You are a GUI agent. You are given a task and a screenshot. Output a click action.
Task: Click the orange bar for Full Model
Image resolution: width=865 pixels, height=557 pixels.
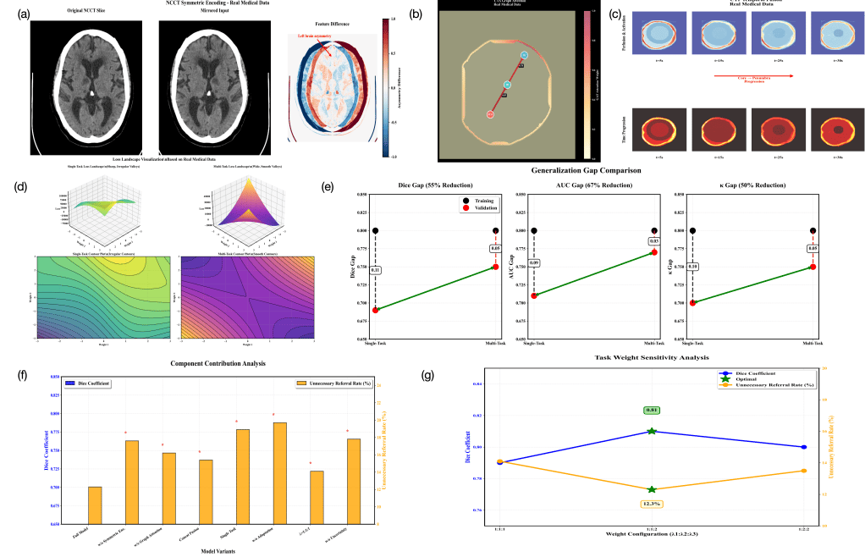(95, 505)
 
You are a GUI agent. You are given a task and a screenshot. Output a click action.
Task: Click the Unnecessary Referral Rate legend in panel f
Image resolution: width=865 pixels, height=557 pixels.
(334, 383)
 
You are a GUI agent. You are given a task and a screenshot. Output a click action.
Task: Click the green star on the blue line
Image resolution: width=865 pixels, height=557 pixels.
(652, 432)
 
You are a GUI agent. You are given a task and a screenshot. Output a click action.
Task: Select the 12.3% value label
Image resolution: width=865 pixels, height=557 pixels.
(652, 504)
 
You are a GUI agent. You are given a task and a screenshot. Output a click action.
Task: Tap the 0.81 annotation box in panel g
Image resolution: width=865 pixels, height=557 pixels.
(652, 410)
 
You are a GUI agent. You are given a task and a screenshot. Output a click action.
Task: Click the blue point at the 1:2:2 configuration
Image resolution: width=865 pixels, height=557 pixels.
(804, 447)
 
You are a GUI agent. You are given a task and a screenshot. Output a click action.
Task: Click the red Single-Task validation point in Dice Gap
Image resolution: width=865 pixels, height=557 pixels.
(375, 310)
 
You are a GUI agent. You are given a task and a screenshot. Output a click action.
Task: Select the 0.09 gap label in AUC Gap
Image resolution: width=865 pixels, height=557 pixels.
(534, 263)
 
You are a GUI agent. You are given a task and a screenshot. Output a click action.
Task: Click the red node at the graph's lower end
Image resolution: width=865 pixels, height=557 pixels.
(490, 114)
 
